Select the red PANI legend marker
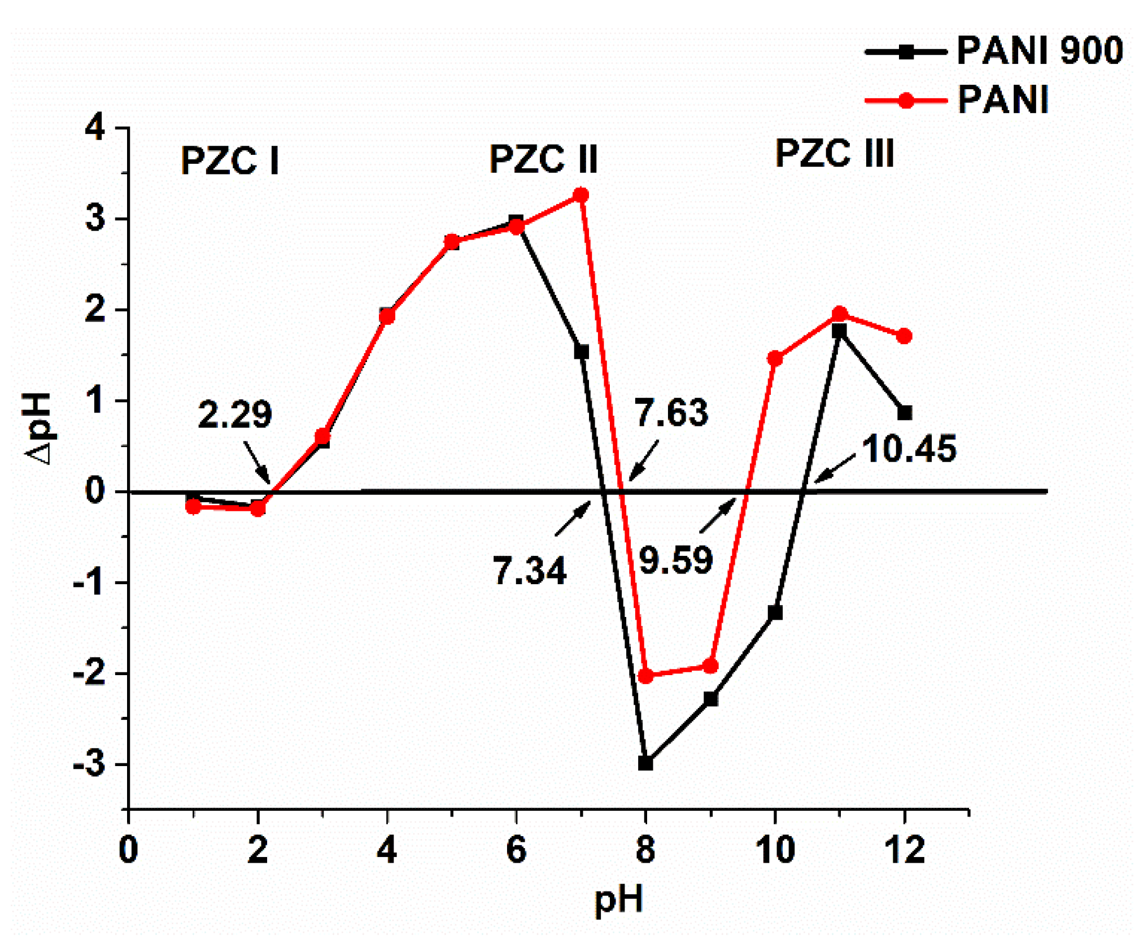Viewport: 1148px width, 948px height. tap(905, 101)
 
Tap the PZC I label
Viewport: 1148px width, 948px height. tap(230, 160)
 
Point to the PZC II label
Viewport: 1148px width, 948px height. tap(543, 159)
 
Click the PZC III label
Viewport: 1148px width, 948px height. tap(834, 153)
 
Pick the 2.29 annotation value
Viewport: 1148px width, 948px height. tap(235, 414)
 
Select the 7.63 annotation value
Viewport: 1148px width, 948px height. tap(671, 412)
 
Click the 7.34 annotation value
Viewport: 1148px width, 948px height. tap(529, 570)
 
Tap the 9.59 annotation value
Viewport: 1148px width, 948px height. tap(676, 560)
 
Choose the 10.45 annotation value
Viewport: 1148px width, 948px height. tap(909, 449)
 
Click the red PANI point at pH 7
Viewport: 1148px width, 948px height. tap(580, 195)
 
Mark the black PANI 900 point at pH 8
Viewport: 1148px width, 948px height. tap(645, 763)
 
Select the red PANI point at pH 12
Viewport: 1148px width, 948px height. tap(904, 336)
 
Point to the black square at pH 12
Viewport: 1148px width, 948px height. tap(904, 413)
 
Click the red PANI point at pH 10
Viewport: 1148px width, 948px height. tap(775, 359)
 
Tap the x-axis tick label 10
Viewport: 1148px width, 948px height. tap(775, 850)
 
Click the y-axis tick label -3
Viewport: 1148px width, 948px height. tap(89, 764)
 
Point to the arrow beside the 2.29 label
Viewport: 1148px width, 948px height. tap(257, 462)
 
